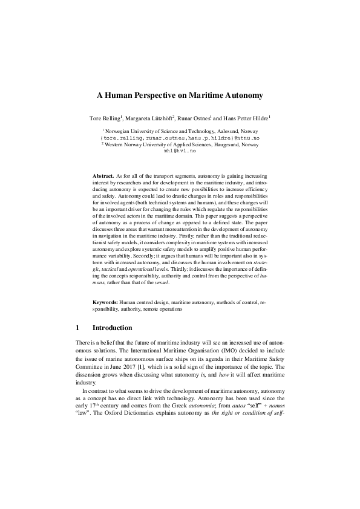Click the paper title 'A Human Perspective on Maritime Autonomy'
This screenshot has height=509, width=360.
[x=180, y=95]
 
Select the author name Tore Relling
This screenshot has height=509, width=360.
[x=105, y=118]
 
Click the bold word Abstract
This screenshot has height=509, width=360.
[x=103, y=174]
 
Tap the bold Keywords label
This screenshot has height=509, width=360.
[x=105, y=300]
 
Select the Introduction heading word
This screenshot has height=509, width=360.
[x=112, y=328]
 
